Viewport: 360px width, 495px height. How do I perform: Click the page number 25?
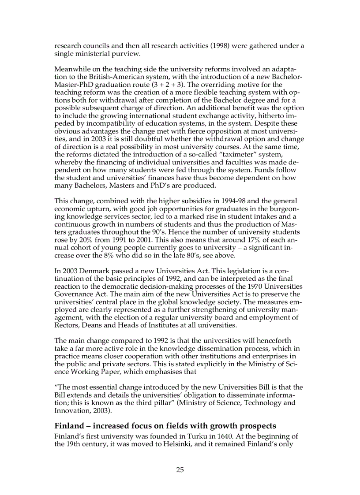tap(180, 469)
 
